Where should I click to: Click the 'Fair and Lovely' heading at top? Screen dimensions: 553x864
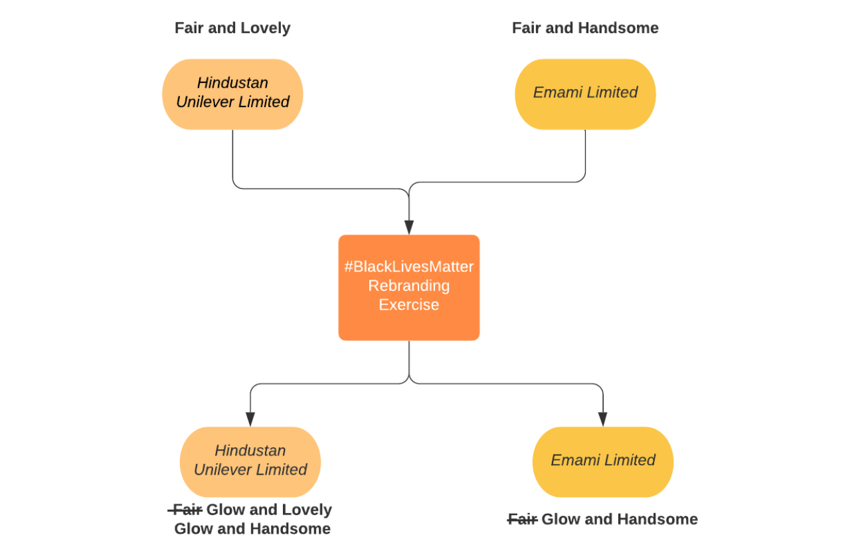point(232,28)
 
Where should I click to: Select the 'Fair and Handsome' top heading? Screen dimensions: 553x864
point(585,28)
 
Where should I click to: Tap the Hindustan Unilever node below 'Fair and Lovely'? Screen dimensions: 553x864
point(232,93)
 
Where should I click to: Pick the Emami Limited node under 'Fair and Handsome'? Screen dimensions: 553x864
point(585,93)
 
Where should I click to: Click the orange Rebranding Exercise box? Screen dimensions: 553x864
point(408,287)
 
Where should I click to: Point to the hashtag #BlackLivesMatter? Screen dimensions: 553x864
point(408,267)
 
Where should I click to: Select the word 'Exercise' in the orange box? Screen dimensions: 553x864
point(408,305)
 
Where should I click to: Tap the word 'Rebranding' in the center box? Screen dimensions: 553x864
point(408,286)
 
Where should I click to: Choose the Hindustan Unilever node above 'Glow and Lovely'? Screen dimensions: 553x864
point(250,461)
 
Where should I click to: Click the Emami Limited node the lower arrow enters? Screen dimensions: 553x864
point(603,461)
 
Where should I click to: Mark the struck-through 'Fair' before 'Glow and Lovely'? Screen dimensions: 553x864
point(186,510)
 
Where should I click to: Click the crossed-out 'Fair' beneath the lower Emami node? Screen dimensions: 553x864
point(523,519)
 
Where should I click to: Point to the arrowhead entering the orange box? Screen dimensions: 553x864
point(408,227)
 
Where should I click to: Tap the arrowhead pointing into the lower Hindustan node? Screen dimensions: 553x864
point(250,419)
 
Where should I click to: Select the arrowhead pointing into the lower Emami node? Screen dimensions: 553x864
point(603,419)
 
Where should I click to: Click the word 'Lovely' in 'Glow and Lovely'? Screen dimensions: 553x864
point(307,510)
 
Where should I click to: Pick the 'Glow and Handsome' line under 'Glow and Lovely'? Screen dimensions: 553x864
point(252,529)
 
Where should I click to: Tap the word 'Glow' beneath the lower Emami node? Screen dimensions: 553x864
point(559,519)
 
